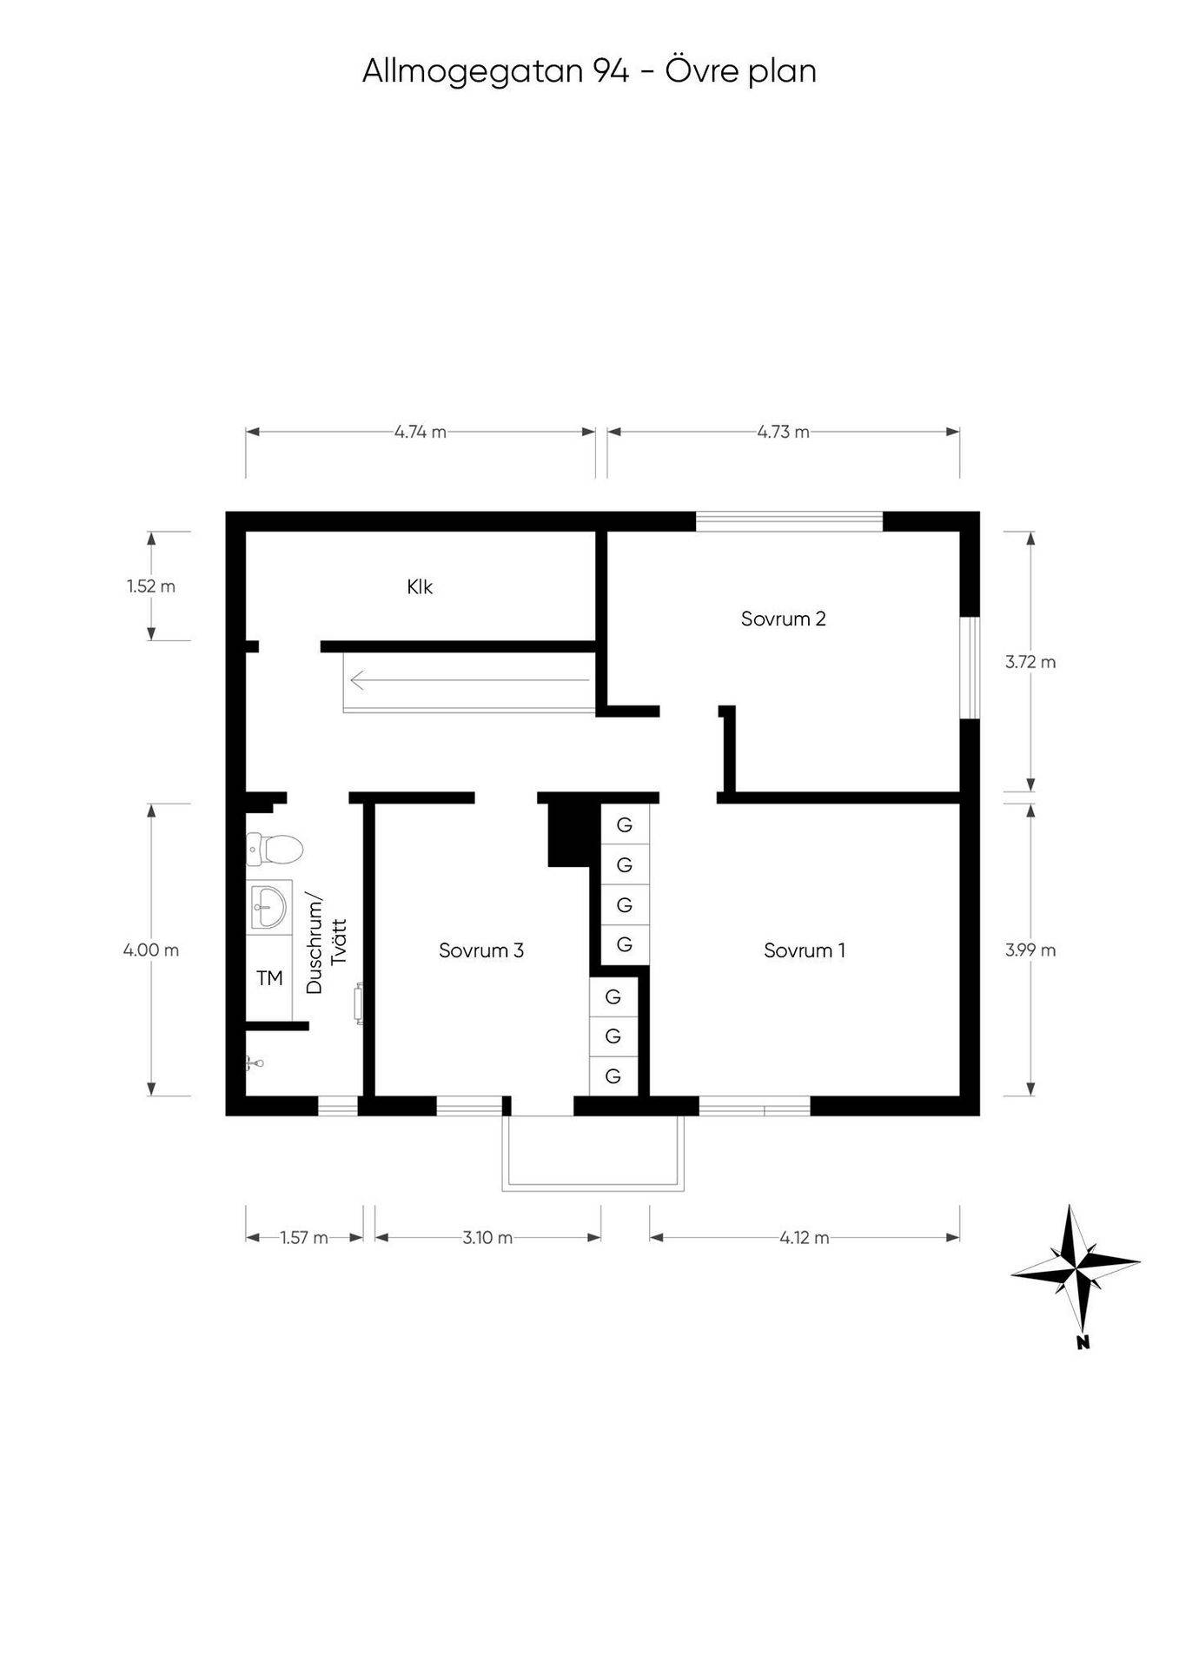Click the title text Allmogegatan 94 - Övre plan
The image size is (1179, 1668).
(x=589, y=71)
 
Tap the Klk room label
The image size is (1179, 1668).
(x=420, y=587)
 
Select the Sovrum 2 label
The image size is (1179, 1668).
(x=783, y=619)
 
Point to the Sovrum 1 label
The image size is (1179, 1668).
(x=805, y=950)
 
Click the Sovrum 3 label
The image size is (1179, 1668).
(x=481, y=950)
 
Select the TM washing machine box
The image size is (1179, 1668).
(x=269, y=978)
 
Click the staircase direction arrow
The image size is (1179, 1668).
(x=468, y=681)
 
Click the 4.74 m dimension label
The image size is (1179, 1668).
(x=421, y=432)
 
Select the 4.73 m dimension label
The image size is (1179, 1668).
(x=784, y=432)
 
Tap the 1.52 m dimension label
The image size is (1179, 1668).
(x=151, y=586)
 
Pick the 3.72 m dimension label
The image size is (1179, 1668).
(x=1031, y=662)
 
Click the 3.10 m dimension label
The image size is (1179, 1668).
(x=487, y=1237)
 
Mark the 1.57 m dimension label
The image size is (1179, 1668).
(x=304, y=1237)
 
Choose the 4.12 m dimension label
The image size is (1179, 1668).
(x=805, y=1237)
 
